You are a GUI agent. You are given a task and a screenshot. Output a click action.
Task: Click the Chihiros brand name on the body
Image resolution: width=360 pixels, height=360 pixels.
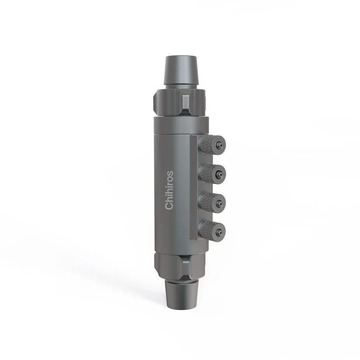click(169, 190)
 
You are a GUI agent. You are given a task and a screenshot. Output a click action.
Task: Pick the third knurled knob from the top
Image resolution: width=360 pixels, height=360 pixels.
click(212, 202)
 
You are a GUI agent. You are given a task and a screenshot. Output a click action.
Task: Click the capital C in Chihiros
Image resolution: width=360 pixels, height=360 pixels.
click(169, 206)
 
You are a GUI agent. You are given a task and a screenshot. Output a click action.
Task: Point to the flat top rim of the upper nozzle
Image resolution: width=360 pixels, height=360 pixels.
click(180, 57)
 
